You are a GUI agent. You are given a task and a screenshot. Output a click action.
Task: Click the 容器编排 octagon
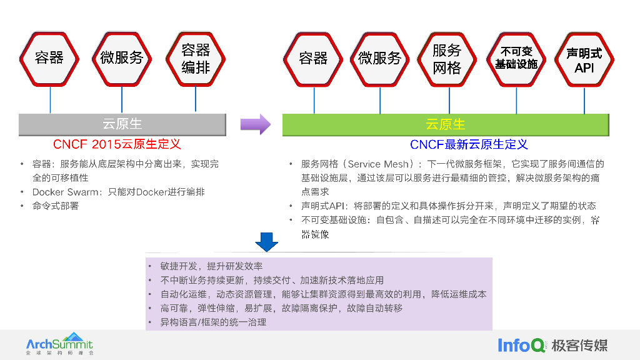(x=196, y=58)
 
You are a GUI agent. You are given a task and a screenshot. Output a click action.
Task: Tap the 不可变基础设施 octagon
(x=516, y=58)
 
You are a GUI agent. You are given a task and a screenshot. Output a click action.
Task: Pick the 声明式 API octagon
(x=584, y=58)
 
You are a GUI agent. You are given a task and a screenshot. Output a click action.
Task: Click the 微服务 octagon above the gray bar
(x=122, y=58)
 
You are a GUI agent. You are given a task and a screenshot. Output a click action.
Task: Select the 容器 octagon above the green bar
(x=313, y=58)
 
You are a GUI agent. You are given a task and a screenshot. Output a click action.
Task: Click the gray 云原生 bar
(x=122, y=124)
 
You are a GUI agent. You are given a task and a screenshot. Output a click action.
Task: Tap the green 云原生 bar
(x=445, y=124)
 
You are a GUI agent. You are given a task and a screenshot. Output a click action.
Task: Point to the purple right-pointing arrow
(x=256, y=124)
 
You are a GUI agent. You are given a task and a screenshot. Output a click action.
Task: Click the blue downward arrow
(x=267, y=241)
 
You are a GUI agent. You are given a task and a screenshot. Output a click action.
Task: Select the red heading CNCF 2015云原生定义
(x=117, y=144)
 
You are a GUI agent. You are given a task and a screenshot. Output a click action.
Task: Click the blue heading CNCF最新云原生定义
(x=469, y=144)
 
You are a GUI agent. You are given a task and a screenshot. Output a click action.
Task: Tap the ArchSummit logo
(x=59, y=344)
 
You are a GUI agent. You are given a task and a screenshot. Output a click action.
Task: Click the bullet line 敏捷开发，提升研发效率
(x=211, y=266)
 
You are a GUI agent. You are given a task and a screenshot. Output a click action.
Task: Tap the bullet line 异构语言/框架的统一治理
(x=213, y=322)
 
